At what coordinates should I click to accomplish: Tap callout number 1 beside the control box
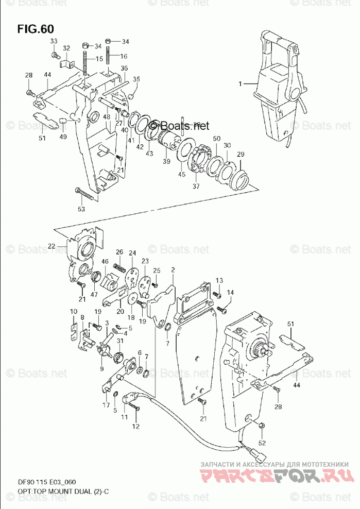click(239, 83)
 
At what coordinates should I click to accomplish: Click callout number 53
click(81, 209)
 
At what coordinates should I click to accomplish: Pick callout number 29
click(240, 155)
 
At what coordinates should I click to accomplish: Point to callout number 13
click(219, 280)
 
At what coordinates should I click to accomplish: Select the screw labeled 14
click(222, 309)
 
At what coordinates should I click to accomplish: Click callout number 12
click(136, 426)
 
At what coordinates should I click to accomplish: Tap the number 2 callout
click(173, 269)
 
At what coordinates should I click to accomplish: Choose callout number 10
click(74, 311)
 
